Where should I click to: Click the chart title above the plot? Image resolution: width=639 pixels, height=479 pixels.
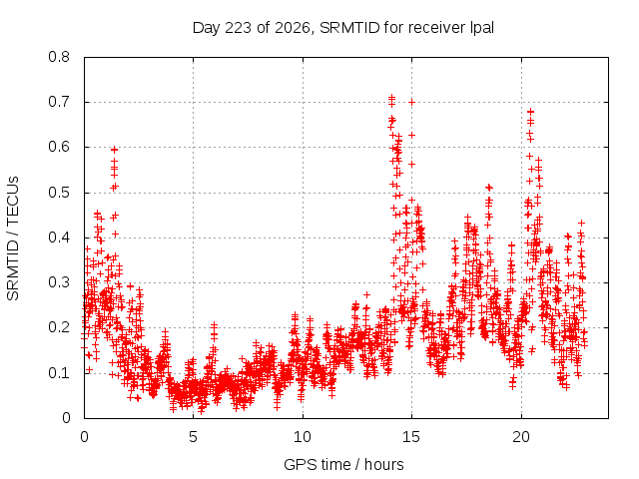[x=343, y=28]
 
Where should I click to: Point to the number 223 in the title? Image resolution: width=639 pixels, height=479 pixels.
[x=238, y=28]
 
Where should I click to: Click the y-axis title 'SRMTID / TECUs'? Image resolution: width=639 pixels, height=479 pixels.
[x=13, y=239]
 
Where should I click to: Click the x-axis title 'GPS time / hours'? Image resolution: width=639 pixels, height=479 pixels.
[x=343, y=464]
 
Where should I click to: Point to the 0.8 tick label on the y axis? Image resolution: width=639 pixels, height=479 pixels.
[x=59, y=57]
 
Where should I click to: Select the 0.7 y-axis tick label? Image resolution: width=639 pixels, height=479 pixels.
[x=59, y=102]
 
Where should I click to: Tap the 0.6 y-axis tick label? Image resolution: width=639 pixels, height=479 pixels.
[x=59, y=147]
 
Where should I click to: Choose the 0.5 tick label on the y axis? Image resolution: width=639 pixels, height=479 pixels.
[x=59, y=193]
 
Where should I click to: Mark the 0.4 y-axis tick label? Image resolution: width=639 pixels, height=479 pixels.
[x=59, y=238]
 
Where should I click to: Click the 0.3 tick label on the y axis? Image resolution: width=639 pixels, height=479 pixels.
[x=59, y=282]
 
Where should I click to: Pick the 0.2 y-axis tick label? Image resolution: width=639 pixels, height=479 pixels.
[x=59, y=327]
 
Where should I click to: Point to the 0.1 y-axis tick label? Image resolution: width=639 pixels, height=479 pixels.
[x=59, y=372]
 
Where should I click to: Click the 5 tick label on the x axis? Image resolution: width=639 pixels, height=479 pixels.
[x=193, y=437]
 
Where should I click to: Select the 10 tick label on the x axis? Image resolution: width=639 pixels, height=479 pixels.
[x=303, y=437]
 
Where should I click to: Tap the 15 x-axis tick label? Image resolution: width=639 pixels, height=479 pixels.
[x=411, y=437]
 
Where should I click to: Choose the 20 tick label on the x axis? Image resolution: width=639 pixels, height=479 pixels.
[x=521, y=437]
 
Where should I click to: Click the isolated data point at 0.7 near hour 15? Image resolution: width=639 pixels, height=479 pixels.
[x=411, y=102]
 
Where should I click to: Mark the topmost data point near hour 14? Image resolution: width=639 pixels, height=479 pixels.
[x=391, y=98]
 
